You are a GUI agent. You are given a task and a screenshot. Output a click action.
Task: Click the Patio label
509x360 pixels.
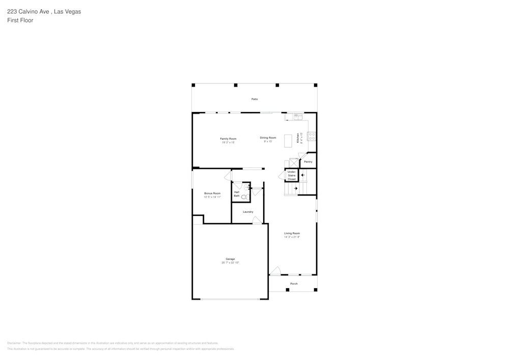[254, 99]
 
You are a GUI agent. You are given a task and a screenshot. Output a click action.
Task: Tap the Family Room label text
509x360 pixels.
[228, 139]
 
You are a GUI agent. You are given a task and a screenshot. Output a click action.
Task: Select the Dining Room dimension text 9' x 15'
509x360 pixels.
[268, 142]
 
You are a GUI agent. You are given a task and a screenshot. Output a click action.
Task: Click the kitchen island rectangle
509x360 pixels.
[289, 140]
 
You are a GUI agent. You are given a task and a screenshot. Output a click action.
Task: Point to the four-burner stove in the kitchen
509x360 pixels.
[312, 136]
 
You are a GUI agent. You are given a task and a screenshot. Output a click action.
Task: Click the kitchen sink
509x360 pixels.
[298, 117]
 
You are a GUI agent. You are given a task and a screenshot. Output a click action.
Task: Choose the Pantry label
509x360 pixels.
[308, 162]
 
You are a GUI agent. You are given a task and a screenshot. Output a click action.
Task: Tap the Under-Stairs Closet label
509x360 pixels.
[292, 176]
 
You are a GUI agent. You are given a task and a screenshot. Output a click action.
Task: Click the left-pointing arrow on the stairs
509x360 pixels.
[303, 175]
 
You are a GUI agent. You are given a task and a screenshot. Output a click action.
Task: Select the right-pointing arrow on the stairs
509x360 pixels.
[296, 188]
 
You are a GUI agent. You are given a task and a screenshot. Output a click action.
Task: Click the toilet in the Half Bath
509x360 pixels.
[244, 196]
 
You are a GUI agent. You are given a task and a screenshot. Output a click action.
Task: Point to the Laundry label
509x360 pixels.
[248, 212]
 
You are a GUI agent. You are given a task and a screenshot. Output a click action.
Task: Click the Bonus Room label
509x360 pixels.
[212, 193]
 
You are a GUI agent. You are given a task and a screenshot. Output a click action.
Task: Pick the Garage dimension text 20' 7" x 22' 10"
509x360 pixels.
[230, 263]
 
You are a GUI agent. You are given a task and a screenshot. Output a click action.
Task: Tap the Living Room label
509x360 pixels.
[292, 233]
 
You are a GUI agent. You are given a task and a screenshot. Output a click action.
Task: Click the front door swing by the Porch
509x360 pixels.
[275, 271]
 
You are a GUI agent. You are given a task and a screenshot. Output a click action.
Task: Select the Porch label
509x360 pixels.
[294, 284]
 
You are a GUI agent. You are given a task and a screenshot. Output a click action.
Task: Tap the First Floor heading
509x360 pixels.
[20, 20]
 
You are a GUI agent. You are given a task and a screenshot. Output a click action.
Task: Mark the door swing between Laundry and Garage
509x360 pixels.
[258, 220]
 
